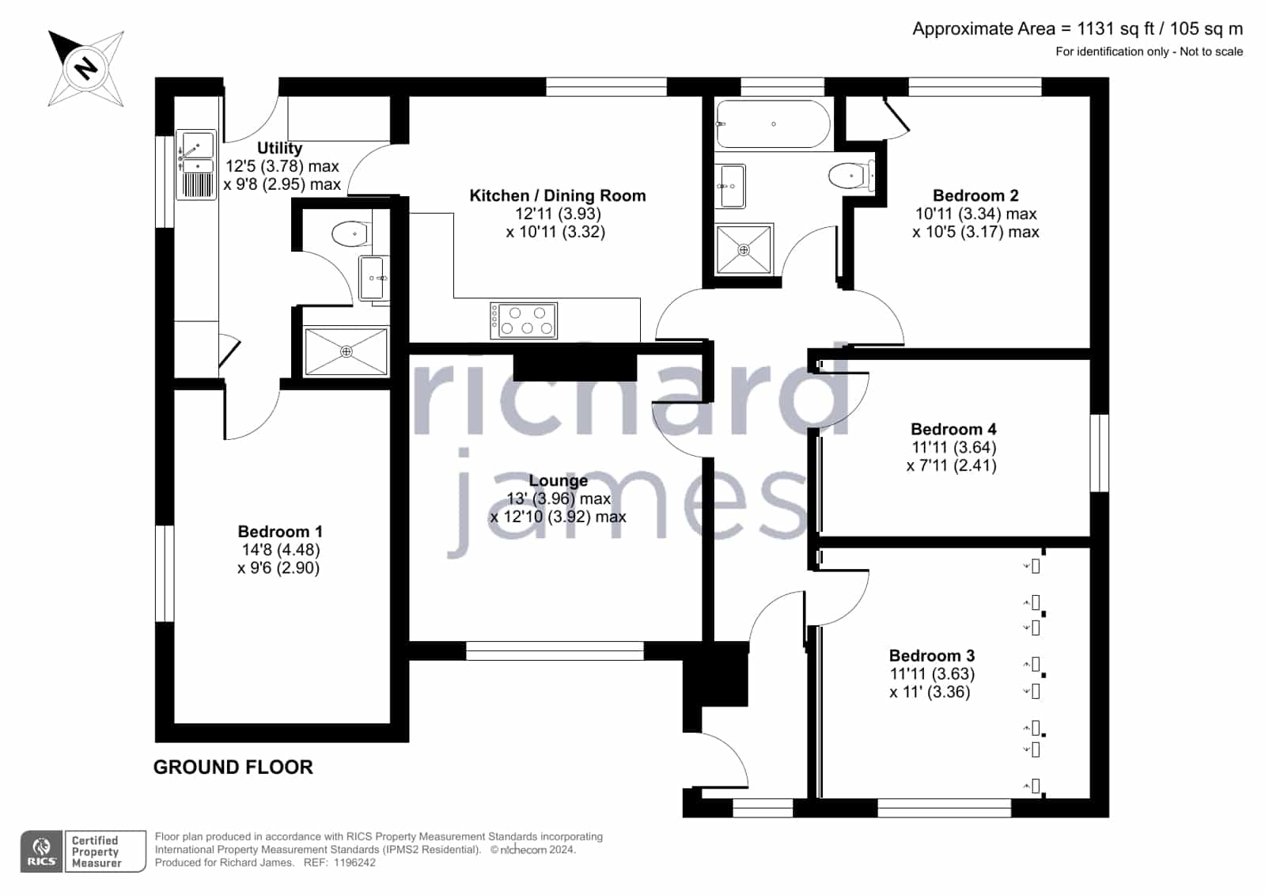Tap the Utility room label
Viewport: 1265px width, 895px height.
[279, 148]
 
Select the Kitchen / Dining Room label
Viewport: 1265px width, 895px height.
[558, 195]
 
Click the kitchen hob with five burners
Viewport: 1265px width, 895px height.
[524, 320]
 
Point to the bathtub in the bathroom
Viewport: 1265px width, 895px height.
[773, 123]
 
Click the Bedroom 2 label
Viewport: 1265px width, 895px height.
[975, 195]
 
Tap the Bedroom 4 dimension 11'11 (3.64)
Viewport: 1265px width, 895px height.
[954, 448]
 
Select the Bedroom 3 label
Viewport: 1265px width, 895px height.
[932, 655]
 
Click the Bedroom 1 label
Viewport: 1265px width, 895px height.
[280, 532]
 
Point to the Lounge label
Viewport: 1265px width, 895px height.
[558, 480]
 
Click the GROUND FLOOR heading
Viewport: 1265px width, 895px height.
[233, 767]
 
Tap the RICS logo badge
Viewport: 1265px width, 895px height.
[42, 851]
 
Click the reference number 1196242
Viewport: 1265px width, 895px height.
[354, 863]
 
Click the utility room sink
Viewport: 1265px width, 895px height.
[196, 165]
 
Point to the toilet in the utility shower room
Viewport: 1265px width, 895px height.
[351, 233]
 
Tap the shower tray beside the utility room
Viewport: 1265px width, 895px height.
[347, 351]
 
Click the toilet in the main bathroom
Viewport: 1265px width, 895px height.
[852, 176]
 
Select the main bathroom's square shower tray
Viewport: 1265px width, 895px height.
[744, 249]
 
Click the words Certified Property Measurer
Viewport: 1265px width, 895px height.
[96, 851]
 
